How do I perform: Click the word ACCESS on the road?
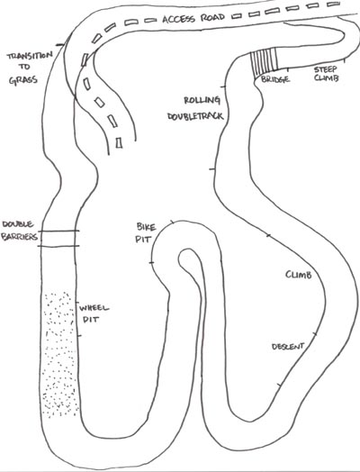[x=179, y=19]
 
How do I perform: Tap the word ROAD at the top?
[x=212, y=17]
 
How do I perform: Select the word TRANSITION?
[x=30, y=56]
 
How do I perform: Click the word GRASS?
[x=23, y=80]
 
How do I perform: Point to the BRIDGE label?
[x=275, y=79]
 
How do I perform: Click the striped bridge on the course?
[x=265, y=63]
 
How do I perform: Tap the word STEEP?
[x=326, y=70]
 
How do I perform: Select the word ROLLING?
[x=202, y=100]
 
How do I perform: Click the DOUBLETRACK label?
[x=195, y=116]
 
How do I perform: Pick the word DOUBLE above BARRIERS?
[x=18, y=224]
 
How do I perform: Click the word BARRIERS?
[x=20, y=237]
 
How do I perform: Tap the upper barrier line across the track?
[x=58, y=231]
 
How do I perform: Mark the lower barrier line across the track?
[x=58, y=246]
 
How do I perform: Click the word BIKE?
[x=146, y=227]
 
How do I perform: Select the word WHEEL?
[x=94, y=308]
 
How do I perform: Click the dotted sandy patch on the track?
[x=59, y=354]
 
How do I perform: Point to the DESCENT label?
[x=288, y=347]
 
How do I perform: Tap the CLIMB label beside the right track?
[x=298, y=275]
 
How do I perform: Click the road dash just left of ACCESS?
[x=150, y=21]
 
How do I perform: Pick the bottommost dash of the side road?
[x=119, y=142]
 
